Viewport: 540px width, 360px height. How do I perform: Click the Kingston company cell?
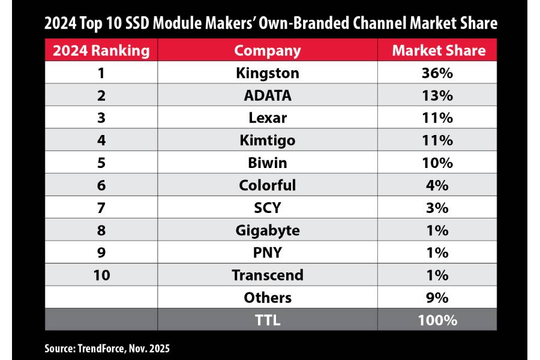click(x=268, y=73)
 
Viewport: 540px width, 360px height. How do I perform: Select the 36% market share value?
click(x=437, y=73)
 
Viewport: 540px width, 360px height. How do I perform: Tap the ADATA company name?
click(x=268, y=95)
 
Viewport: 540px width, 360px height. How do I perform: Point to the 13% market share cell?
click(x=437, y=95)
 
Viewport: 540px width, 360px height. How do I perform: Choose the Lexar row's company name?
click(x=268, y=118)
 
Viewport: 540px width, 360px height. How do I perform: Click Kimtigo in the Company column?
click(x=268, y=140)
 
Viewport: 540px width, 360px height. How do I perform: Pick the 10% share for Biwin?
click(x=437, y=163)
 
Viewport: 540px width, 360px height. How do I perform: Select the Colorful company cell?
click(x=268, y=185)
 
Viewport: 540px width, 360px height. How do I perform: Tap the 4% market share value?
click(x=437, y=185)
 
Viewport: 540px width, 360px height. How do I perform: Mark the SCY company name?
click(x=268, y=208)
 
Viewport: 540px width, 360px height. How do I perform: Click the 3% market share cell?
click(x=437, y=208)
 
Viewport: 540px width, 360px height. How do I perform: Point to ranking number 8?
click(x=101, y=230)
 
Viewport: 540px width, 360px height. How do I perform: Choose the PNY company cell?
click(x=268, y=253)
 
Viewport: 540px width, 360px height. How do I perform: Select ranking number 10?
click(x=101, y=275)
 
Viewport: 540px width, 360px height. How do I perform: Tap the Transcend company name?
click(x=268, y=275)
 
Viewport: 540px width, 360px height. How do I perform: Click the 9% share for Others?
click(x=437, y=298)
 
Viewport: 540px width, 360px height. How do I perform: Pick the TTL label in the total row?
click(x=268, y=320)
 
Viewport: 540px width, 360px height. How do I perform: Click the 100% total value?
click(x=437, y=320)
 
